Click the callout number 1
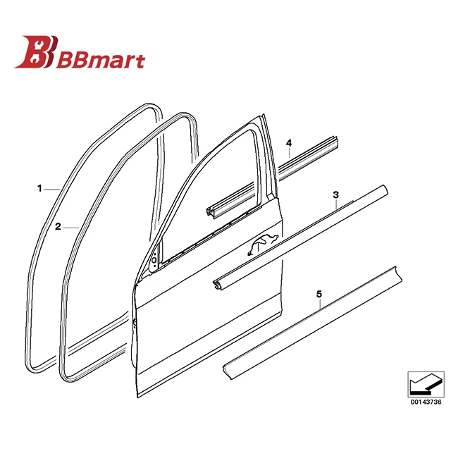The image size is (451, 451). click(x=40, y=188)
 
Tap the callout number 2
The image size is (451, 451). click(x=58, y=227)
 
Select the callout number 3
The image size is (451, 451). click(x=336, y=194)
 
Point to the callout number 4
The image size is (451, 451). click(x=288, y=144)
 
